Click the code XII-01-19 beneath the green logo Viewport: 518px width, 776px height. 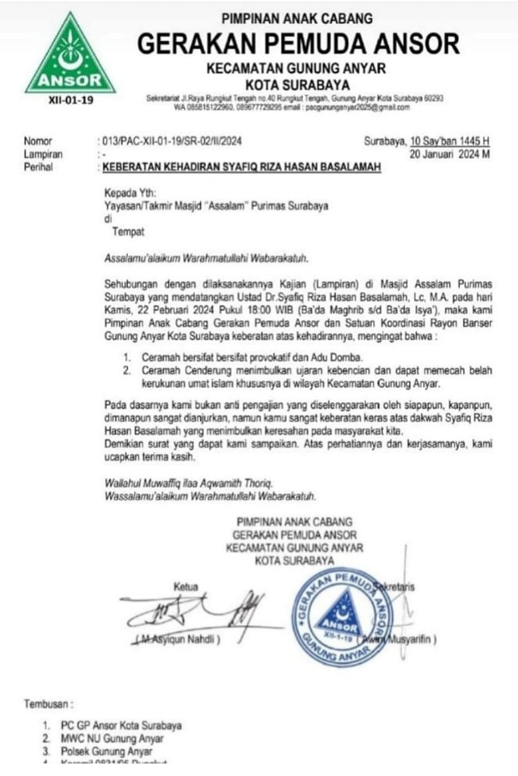pyautogui.click(x=70, y=102)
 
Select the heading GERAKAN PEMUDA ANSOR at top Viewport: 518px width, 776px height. pyautogui.click(x=298, y=44)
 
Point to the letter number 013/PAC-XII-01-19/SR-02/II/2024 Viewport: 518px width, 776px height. pyautogui.click(x=172, y=140)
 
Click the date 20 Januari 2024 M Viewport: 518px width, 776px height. pyautogui.click(x=451, y=155)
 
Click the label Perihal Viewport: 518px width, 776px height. pyautogui.click(x=38, y=167)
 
